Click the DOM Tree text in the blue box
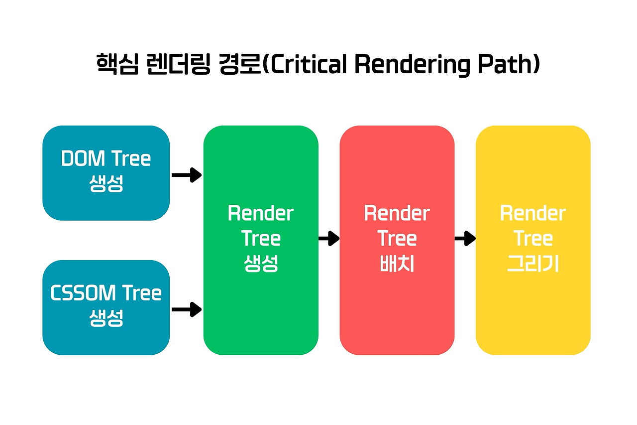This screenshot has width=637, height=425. pos(106,159)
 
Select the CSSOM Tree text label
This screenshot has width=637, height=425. pos(106,293)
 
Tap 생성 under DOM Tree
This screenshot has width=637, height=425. pos(106,183)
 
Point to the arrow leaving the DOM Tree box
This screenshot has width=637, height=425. pos(186,175)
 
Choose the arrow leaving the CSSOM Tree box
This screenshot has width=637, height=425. pos(186,309)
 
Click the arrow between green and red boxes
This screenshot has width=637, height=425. pos(328,239)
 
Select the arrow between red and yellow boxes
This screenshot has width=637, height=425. pos(465,239)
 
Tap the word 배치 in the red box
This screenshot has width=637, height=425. pos(397,264)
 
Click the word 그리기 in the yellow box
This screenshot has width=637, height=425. pos(533,264)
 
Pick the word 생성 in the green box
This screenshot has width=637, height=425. pos(261,264)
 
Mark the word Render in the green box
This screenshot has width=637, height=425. pos(261,214)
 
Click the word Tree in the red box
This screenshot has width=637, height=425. pos(397,239)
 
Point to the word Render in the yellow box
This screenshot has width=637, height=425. pos(533,214)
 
